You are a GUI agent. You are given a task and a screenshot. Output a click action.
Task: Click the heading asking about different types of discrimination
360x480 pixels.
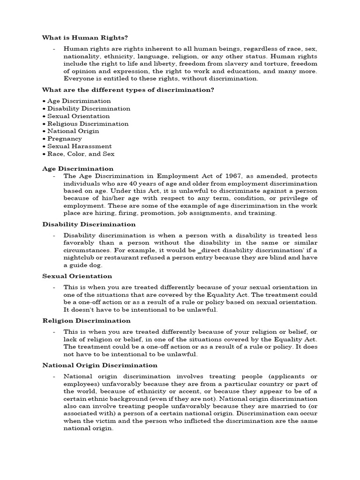point(128,90)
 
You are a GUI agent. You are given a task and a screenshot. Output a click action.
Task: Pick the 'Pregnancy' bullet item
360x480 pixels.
point(65,139)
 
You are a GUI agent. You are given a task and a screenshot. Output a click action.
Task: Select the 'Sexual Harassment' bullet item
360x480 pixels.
point(79,146)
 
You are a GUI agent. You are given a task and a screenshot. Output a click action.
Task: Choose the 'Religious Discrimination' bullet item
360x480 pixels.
point(88,124)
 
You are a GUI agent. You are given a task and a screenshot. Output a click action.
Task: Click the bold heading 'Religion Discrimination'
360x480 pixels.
point(86,321)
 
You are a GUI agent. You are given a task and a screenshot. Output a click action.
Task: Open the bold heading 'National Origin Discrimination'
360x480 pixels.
point(100,365)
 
